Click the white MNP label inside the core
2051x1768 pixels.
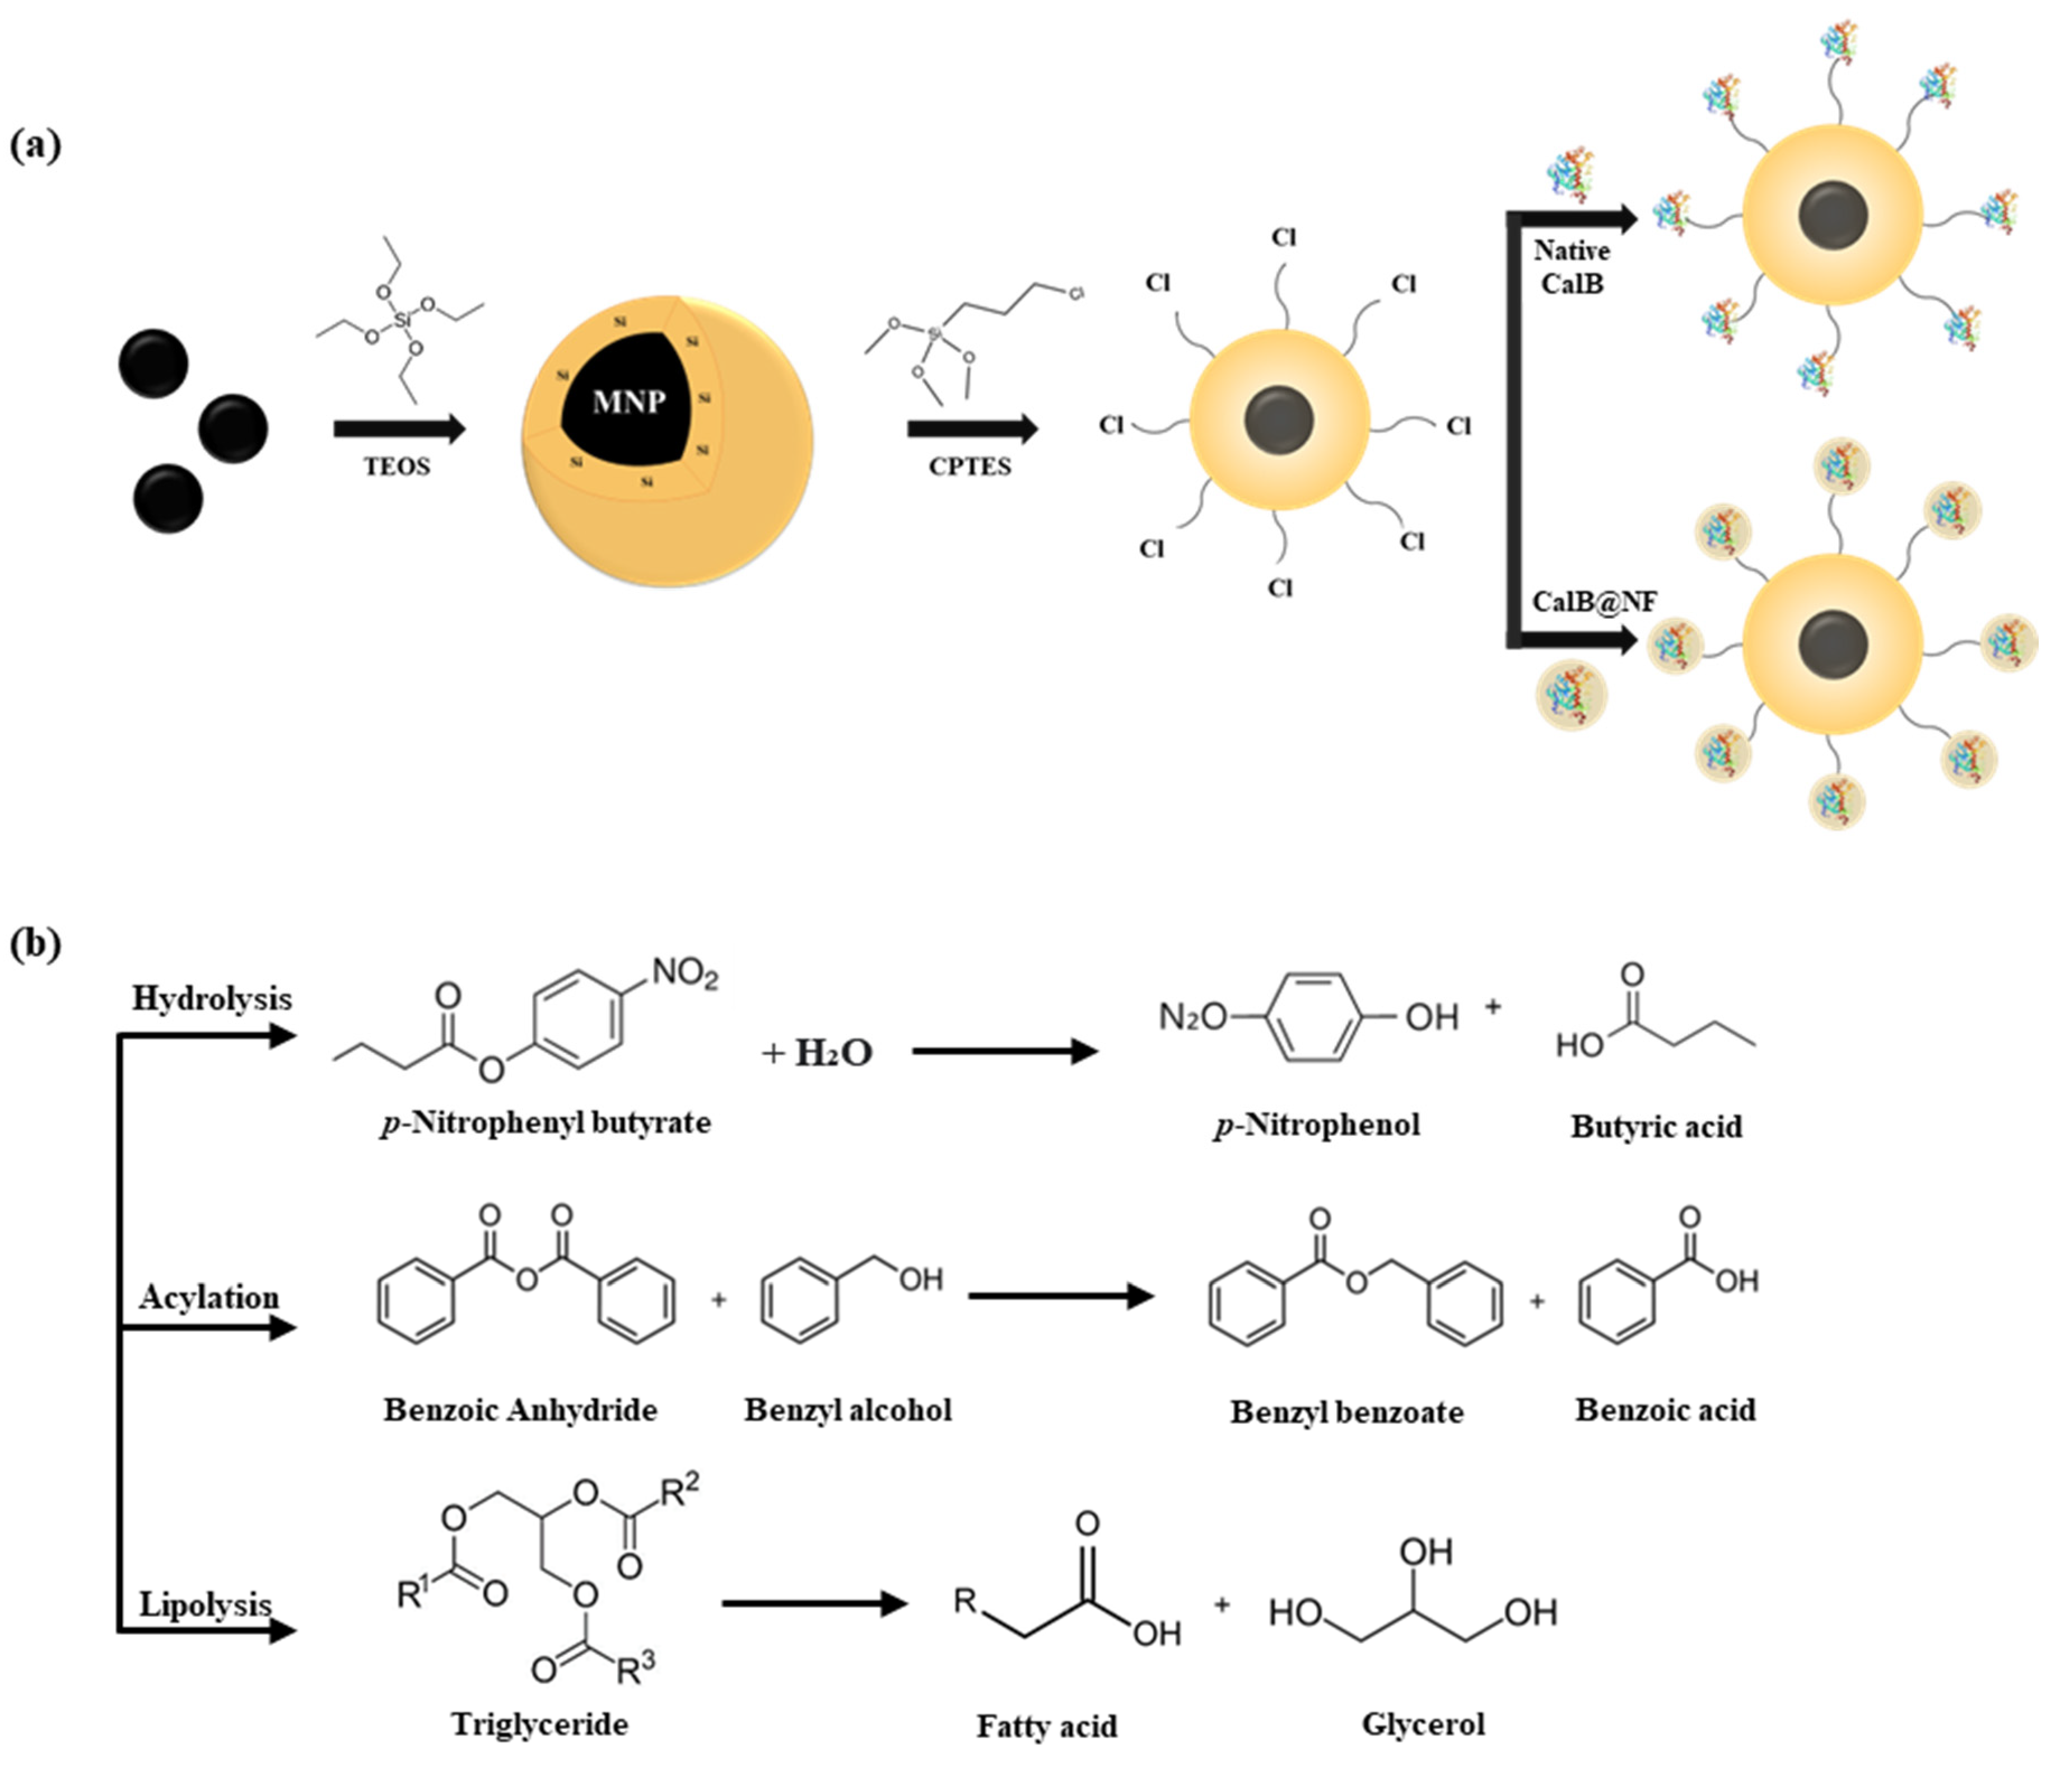tap(628, 402)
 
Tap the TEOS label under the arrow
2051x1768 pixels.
tap(396, 467)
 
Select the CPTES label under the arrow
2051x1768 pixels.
tap(969, 467)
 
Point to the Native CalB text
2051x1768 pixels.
tap(1572, 267)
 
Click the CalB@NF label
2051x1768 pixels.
tap(1593, 602)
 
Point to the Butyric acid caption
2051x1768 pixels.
tap(1656, 1127)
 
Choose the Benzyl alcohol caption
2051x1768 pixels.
tap(847, 1410)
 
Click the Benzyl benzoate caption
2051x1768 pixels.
tap(1346, 1412)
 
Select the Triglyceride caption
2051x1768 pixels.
tap(539, 1723)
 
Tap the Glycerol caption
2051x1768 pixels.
tap(1423, 1723)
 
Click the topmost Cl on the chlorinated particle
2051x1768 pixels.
tap(1284, 237)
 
